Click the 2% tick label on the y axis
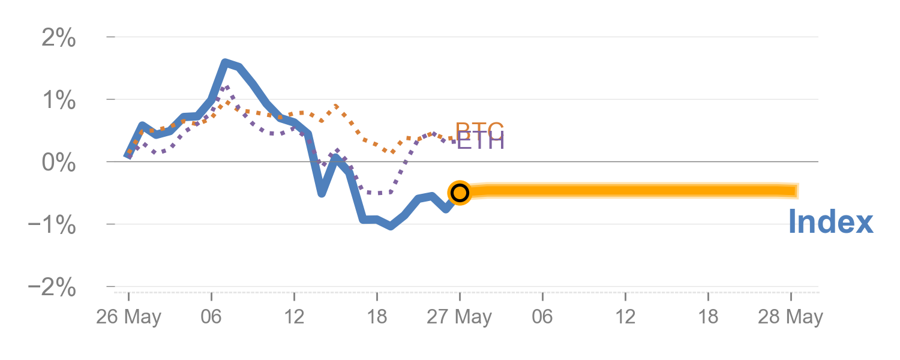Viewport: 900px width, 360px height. click(x=59, y=39)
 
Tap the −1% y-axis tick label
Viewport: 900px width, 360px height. click(x=53, y=226)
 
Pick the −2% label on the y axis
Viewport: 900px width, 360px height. click(x=53, y=288)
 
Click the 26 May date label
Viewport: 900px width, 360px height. click(x=128, y=318)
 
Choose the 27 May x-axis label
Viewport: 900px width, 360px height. click(x=459, y=318)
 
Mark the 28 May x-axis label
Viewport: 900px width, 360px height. click(x=790, y=318)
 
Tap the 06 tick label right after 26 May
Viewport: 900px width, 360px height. click(x=211, y=318)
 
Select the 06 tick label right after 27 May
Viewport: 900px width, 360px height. click(x=542, y=318)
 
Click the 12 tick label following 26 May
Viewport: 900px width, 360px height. click(x=294, y=318)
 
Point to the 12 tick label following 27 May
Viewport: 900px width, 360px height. click(x=625, y=318)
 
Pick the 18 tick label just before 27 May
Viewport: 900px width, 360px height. click(x=377, y=318)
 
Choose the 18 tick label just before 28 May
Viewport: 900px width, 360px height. click(x=708, y=318)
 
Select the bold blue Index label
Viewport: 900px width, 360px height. click(x=830, y=222)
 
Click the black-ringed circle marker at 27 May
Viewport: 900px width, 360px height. click(x=460, y=193)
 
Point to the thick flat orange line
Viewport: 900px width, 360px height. click(x=630, y=191)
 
